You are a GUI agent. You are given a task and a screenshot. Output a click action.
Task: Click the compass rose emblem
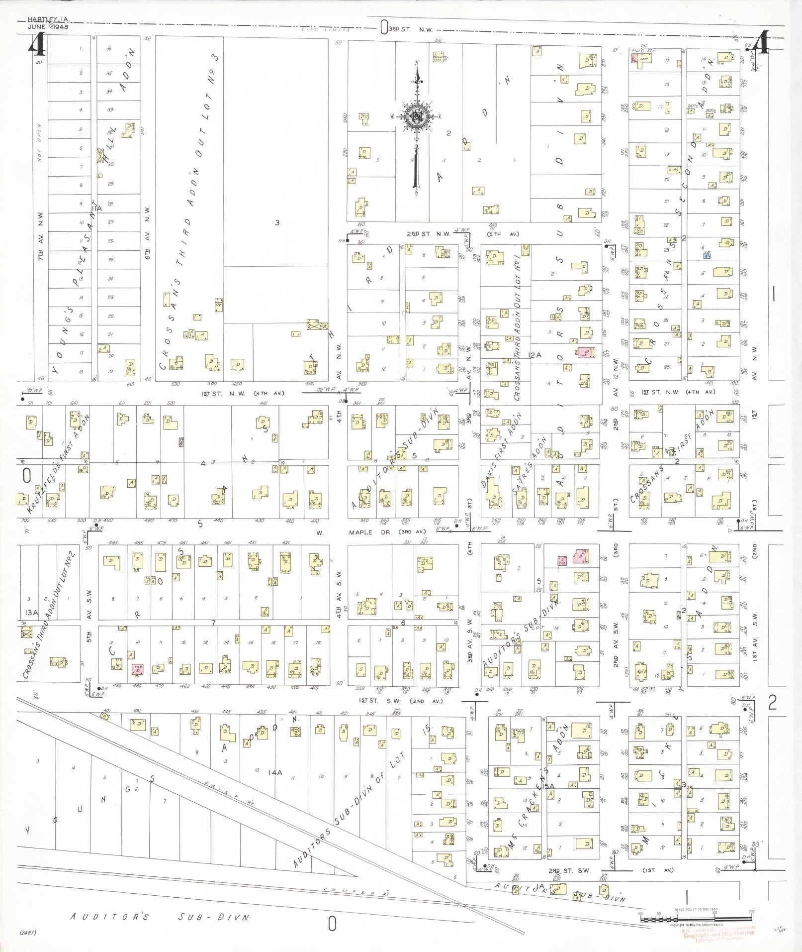(x=416, y=117)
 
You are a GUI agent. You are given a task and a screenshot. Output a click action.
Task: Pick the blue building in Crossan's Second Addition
(x=707, y=255)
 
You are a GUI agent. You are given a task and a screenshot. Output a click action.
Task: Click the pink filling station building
(x=634, y=58)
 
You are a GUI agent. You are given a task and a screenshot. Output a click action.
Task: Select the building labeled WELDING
(x=439, y=58)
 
